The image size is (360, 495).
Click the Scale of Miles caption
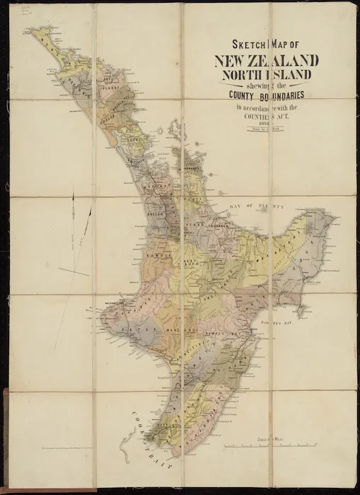pos(272,439)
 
